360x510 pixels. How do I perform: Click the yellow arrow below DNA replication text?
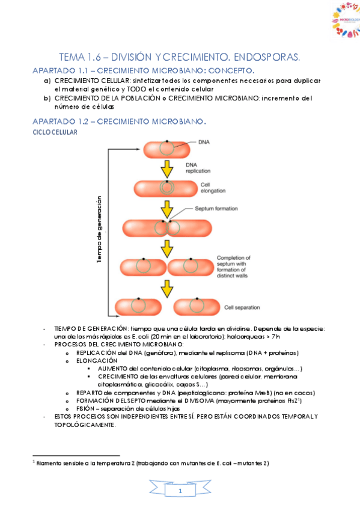pos(166,170)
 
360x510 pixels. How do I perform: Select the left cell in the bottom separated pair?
pos(139,306)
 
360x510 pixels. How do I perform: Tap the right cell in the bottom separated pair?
pos(195,306)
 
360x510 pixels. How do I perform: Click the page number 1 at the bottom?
pos(180,493)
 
